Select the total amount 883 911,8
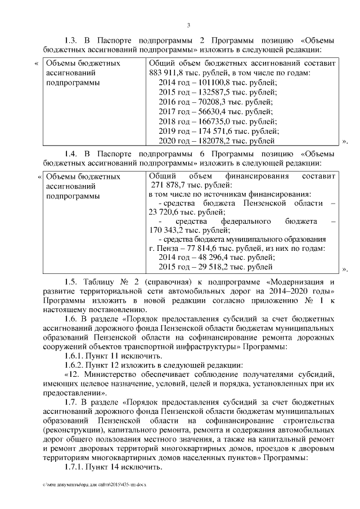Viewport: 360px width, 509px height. point(166,73)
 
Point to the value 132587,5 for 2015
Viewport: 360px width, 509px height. point(208,92)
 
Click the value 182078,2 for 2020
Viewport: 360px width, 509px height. point(209,141)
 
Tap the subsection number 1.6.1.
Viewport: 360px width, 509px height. point(73,357)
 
